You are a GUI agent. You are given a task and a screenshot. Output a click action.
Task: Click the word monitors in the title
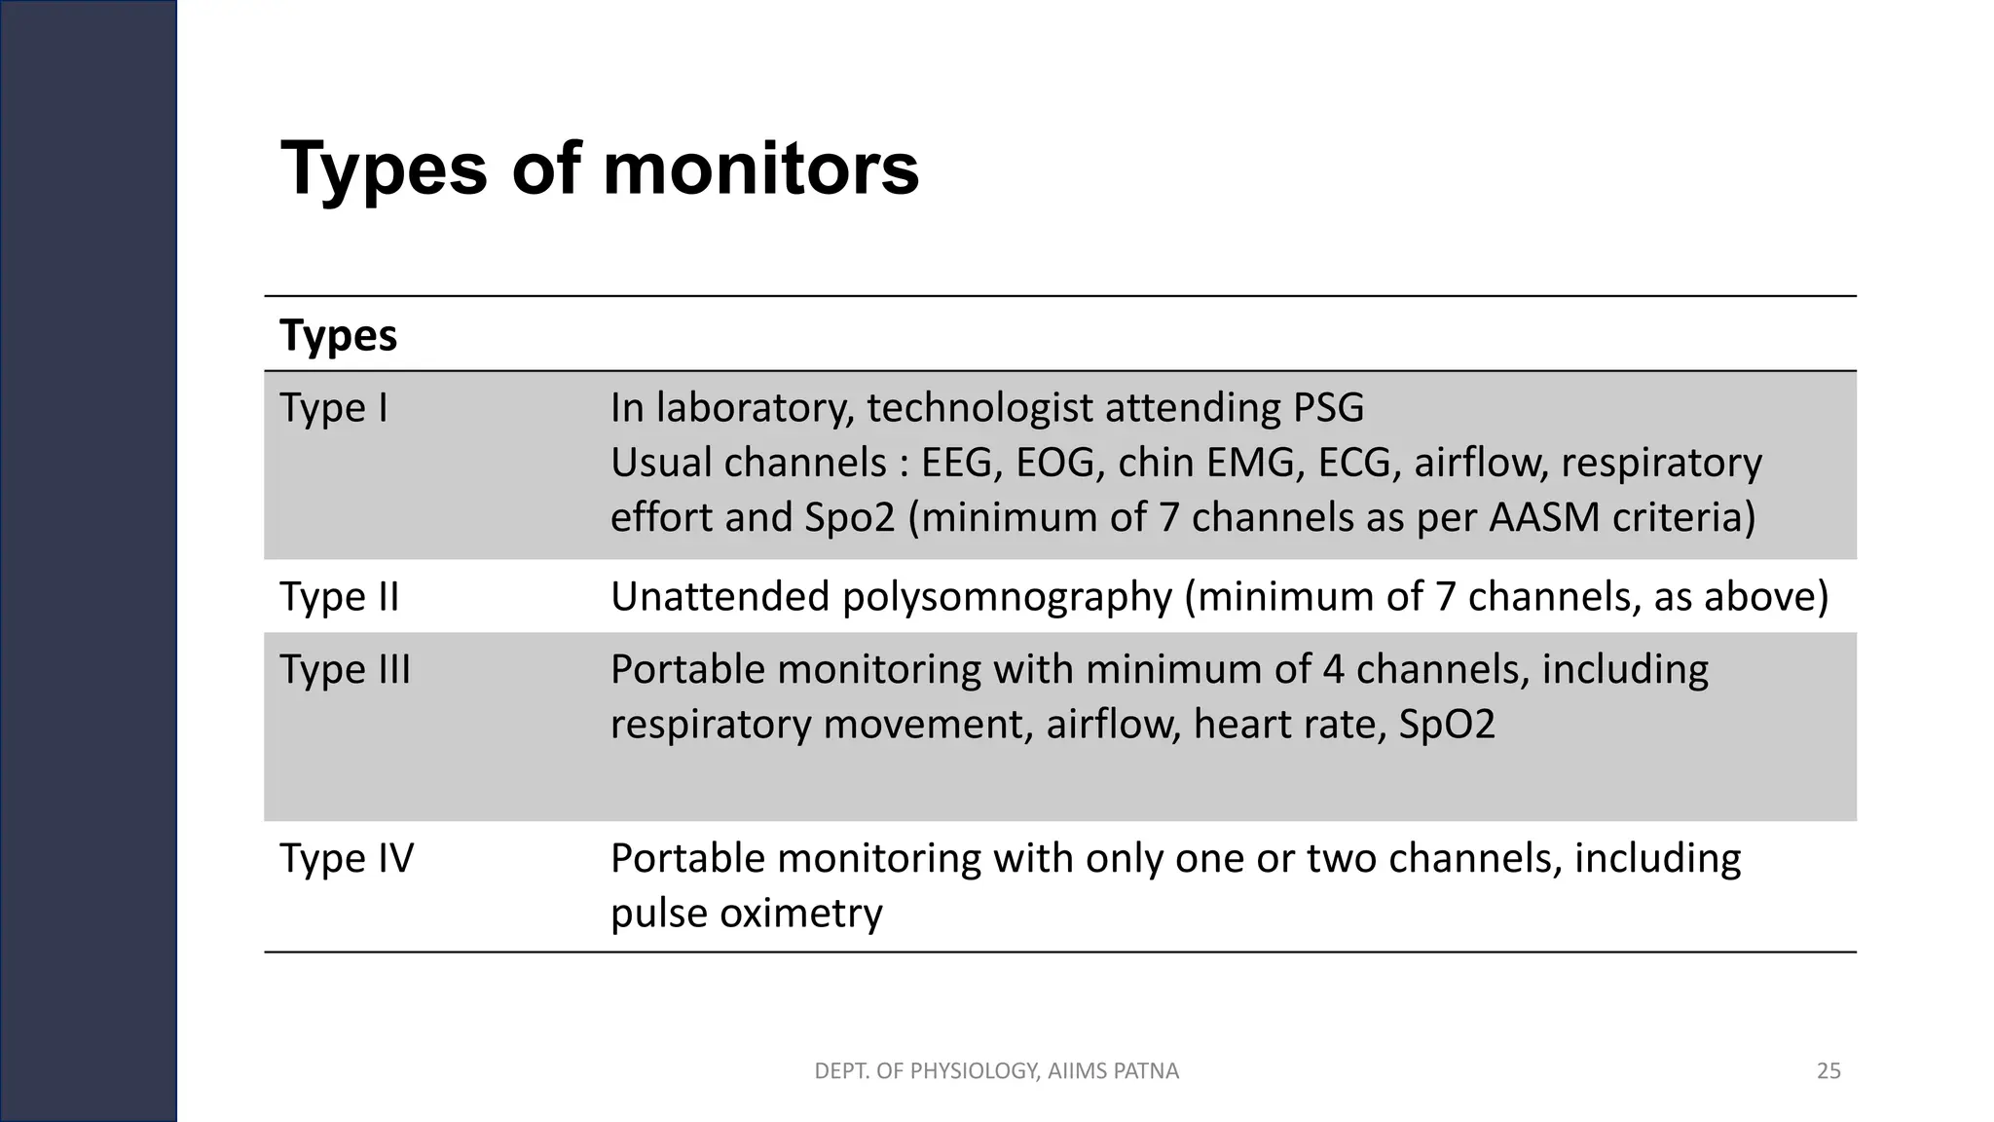[x=760, y=169]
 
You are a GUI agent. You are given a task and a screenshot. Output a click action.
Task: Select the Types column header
[x=338, y=336]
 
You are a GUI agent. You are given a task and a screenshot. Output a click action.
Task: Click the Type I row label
[x=334, y=408]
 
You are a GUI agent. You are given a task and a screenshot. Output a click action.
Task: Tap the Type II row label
[x=340, y=597]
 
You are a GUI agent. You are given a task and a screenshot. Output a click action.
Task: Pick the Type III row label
[x=346, y=670]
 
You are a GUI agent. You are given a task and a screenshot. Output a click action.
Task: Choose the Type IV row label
[x=347, y=859]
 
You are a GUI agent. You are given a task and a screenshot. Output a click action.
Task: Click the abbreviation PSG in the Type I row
[x=1328, y=408]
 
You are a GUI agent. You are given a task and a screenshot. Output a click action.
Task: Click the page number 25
[x=1828, y=1071]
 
